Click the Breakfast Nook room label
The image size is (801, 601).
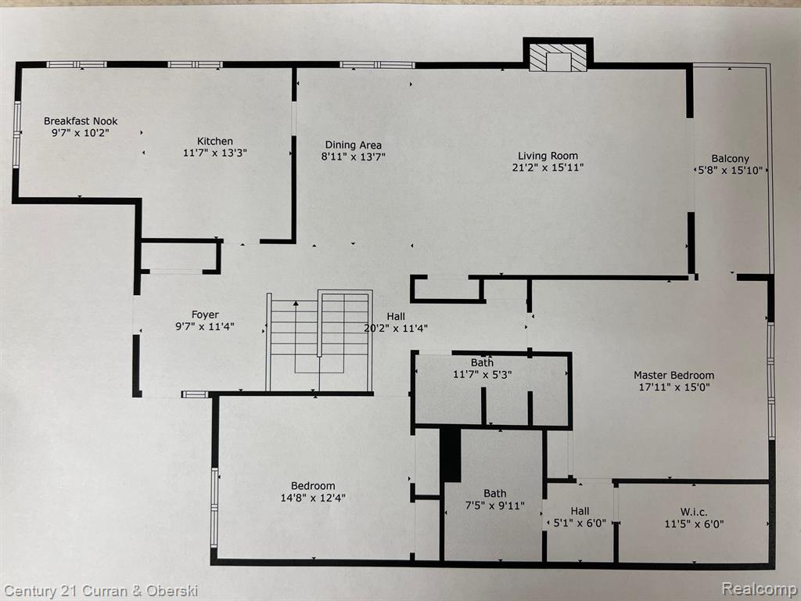tap(81, 121)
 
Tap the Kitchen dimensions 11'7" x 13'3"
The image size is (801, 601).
tap(215, 153)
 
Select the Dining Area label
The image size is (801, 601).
tap(354, 145)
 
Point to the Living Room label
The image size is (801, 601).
tap(548, 156)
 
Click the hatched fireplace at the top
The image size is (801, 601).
tap(558, 57)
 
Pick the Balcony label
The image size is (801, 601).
tap(731, 159)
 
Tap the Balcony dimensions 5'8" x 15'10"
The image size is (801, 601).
tap(731, 170)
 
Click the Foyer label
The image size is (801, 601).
tap(206, 315)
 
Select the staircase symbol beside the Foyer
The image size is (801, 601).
tap(319, 341)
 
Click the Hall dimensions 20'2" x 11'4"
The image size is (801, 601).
tap(396, 328)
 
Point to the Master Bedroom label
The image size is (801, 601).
tap(674, 375)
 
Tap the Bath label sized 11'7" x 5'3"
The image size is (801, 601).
tap(482, 362)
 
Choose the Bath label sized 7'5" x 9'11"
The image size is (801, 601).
tap(495, 494)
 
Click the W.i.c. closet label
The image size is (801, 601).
tap(694, 512)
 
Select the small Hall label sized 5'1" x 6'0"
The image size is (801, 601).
tap(580, 511)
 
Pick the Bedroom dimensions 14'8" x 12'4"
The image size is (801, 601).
tap(313, 498)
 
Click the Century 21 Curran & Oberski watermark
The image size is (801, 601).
tap(100, 592)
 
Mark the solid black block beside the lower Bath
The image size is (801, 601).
tap(450, 455)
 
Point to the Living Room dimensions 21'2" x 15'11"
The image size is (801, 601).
tap(548, 167)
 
